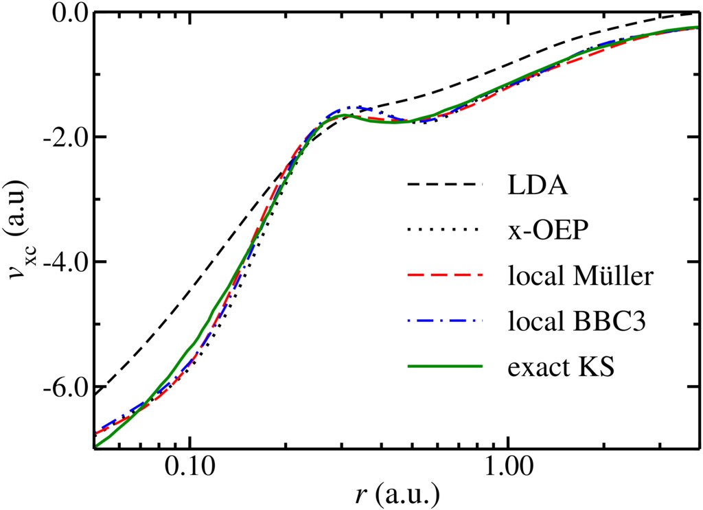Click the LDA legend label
(x=538, y=185)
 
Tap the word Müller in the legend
(x=612, y=277)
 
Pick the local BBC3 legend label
(x=577, y=321)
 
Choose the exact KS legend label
(x=561, y=367)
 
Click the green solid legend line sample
(x=445, y=366)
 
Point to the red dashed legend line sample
(x=445, y=275)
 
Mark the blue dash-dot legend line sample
(x=445, y=321)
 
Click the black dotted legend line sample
(x=445, y=230)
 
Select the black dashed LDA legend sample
(x=445, y=184)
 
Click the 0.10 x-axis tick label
(x=191, y=468)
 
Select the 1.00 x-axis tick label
(x=507, y=468)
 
